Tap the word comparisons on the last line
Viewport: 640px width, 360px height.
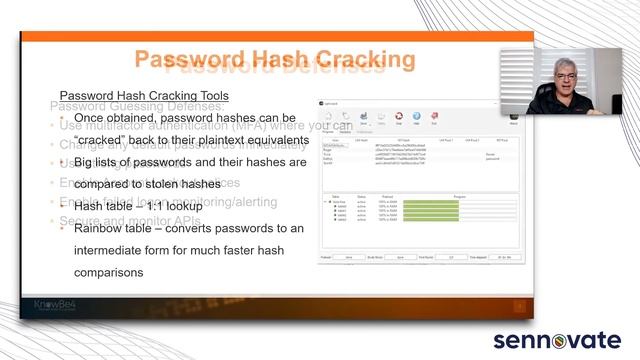tap(109, 271)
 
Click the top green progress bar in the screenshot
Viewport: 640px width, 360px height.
tap(431, 203)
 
